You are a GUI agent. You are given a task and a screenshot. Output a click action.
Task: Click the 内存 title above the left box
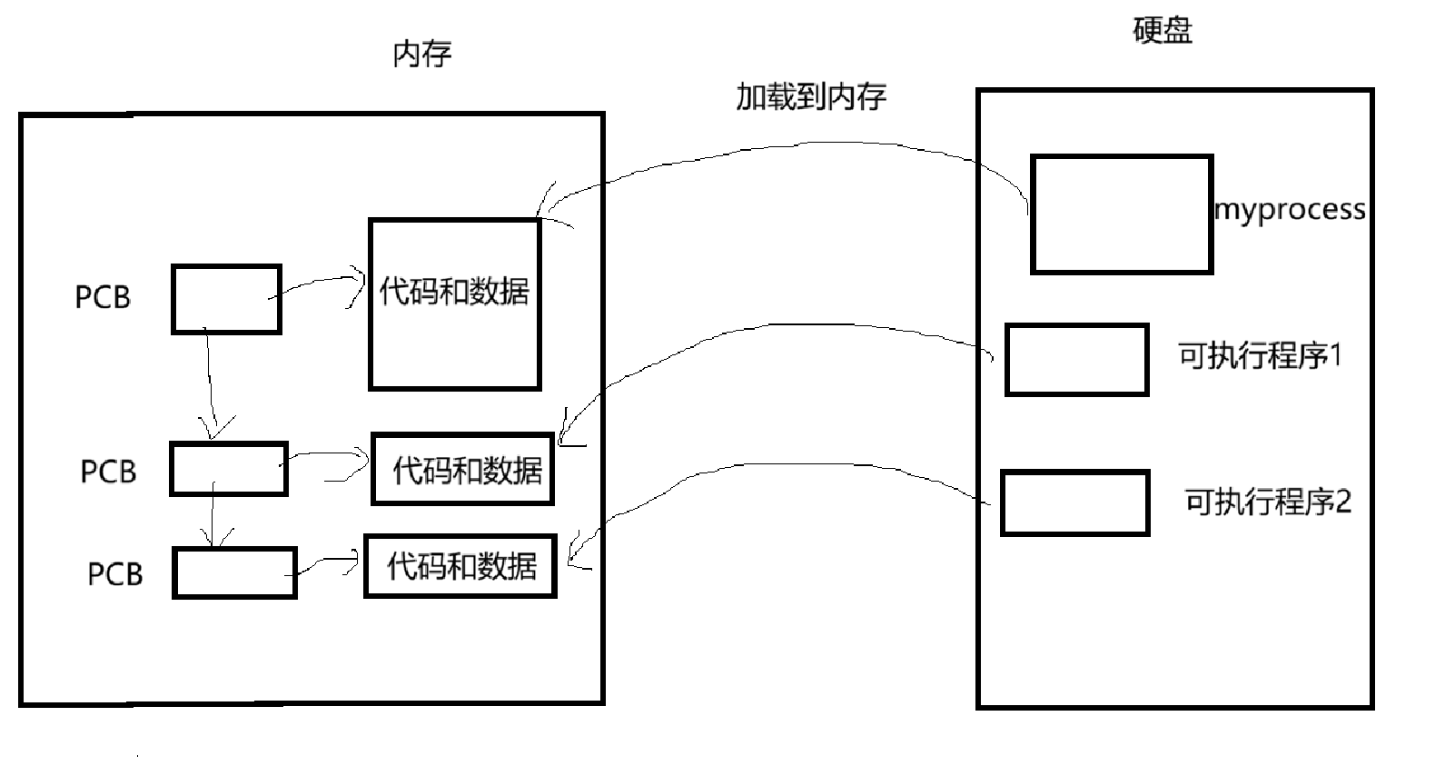coord(421,55)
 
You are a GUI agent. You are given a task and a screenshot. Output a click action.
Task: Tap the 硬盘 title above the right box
coord(1162,32)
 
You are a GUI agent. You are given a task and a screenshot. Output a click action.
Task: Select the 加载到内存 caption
coord(810,96)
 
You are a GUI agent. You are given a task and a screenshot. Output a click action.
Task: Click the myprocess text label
coord(1290,210)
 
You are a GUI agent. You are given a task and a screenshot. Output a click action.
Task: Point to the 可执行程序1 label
coord(1260,355)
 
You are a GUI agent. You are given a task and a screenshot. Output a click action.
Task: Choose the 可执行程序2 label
coord(1268,502)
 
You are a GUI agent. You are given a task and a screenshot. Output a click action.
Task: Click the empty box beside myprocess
coord(1122,214)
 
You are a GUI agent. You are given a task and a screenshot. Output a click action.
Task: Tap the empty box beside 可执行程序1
coord(1076,360)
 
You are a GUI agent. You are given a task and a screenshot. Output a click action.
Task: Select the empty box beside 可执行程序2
coord(1074,502)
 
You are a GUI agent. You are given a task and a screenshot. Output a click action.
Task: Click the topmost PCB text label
coord(103,297)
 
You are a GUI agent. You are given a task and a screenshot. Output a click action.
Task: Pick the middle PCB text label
coord(108,472)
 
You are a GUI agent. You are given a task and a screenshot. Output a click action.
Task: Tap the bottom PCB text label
coord(115,574)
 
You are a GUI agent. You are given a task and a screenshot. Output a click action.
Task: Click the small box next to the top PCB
coord(226,299)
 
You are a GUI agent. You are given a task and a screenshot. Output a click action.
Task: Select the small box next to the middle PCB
coord(229,469)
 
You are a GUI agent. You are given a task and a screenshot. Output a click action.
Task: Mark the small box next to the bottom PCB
coord(234,572)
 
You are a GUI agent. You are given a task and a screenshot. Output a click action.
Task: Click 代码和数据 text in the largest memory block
coord(454,292)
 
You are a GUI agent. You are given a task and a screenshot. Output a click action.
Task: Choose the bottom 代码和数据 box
coord(460,566)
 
